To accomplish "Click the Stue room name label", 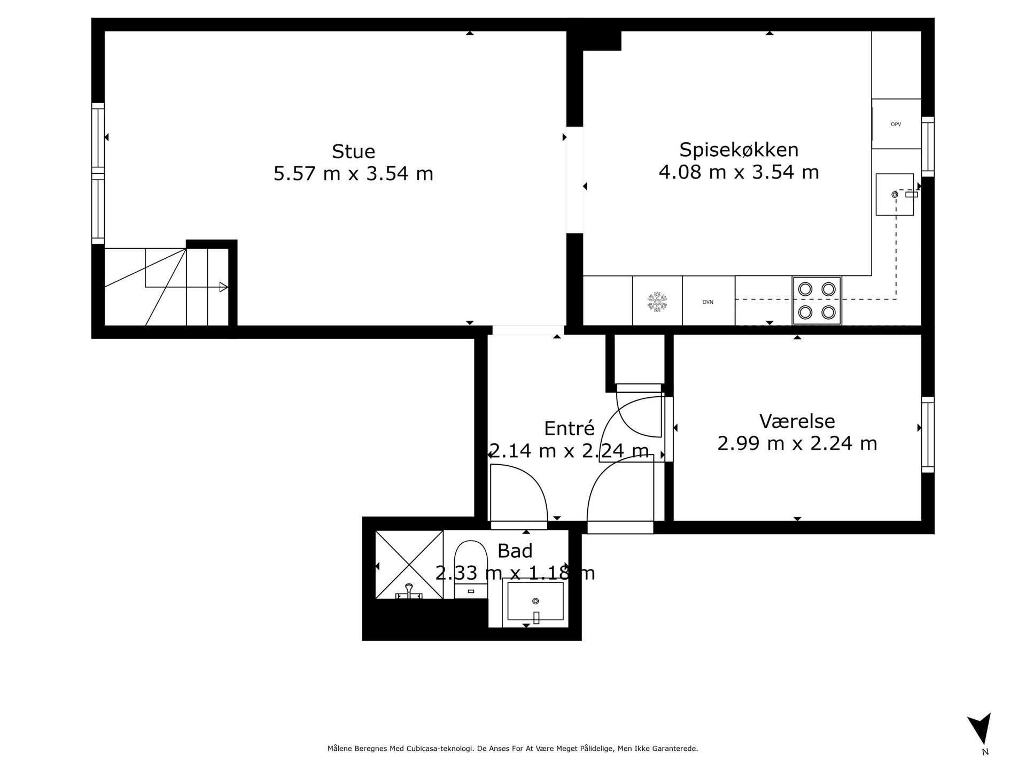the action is point(353,151).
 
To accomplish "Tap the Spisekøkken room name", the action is point(739,150).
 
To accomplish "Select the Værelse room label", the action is point(797,421).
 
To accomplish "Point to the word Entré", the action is point(569,428).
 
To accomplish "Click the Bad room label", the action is point(515,550).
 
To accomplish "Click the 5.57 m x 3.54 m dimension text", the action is point(353,174).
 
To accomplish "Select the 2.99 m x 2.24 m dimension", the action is point(797,443).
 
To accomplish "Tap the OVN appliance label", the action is point(708,302).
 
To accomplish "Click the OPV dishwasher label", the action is point(896,125).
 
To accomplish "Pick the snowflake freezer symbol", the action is point(657,302).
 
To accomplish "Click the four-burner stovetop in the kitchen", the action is point(817,301).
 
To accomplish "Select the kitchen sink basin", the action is point(895,194).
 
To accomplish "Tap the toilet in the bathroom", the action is point(470,569).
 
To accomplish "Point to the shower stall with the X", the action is point(409,565).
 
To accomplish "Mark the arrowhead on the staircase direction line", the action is point(224,287).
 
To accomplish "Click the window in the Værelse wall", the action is point(928,435).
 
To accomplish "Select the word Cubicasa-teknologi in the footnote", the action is point(440,749).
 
